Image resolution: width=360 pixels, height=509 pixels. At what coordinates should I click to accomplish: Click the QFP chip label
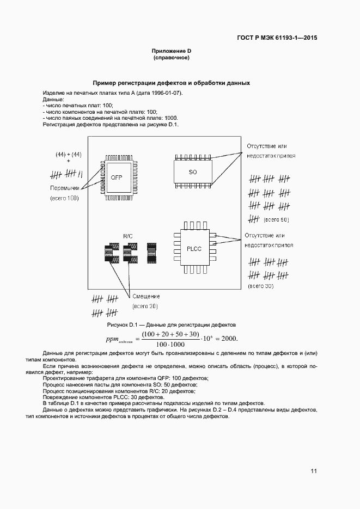coord(117,178)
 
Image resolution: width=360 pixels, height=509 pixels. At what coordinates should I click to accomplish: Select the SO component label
coord(193,172)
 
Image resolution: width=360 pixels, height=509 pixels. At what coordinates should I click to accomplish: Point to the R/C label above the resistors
coord(128,236)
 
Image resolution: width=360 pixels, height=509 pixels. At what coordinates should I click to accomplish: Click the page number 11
coord(314,471)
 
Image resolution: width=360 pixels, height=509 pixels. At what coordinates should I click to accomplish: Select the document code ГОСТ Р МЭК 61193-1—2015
coord(277,38)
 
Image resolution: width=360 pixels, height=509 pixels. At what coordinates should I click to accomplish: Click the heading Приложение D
coord(172,51)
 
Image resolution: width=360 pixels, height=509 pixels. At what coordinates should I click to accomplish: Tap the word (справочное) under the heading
coord(171,58)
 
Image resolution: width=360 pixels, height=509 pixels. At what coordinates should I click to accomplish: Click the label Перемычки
coord(65,188)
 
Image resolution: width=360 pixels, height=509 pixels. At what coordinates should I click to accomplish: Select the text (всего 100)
coord(65,199)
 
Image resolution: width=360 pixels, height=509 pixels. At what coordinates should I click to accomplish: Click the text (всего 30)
coord(260,286)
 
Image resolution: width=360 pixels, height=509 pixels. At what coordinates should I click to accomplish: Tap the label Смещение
coord(146,296)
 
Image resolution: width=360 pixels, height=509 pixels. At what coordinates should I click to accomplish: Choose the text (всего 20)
coord(145,307)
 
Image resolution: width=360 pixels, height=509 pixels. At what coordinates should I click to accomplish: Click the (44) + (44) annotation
coord(68,155)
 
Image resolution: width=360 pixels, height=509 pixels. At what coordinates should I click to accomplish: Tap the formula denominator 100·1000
coord(170,345)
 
